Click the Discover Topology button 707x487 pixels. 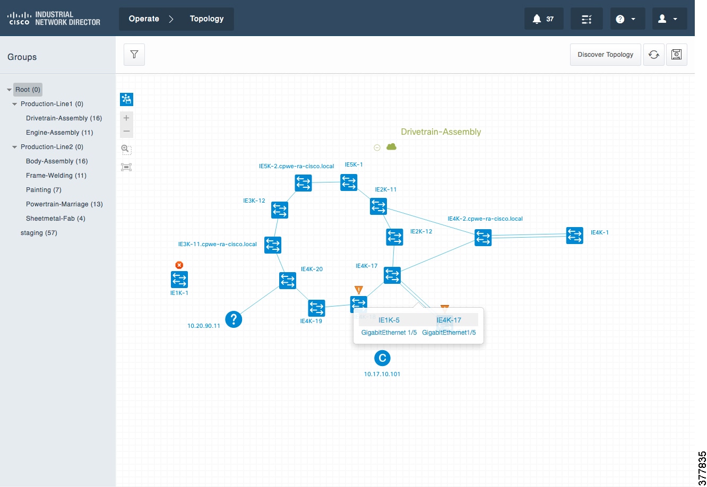[x=605, y=55]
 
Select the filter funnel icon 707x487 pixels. [x=134, y=55]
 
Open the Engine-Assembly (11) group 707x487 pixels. [x=59, y=133]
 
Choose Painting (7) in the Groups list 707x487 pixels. [x=44, y=189]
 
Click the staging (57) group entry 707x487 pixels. [x=39, y=233]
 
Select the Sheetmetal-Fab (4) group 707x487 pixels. [x=56, y=218]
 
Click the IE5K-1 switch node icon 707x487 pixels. [x=349, y=182]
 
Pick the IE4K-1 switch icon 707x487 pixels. [x=574, y=236]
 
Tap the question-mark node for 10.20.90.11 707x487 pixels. [x=234, y=319]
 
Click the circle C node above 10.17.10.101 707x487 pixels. [x=382, y=358]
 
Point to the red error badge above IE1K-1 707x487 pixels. [x=179, y=265]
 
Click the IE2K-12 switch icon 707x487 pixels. [x=394, y=237]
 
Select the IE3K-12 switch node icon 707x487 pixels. [x=280, y=210]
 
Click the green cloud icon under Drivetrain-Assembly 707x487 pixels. [x=391, y=146]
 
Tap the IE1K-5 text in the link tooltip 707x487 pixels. [x=389, y=320]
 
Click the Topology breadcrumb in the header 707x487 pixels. [x=206, y=19]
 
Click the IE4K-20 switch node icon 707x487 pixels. [x=288, y=281]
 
